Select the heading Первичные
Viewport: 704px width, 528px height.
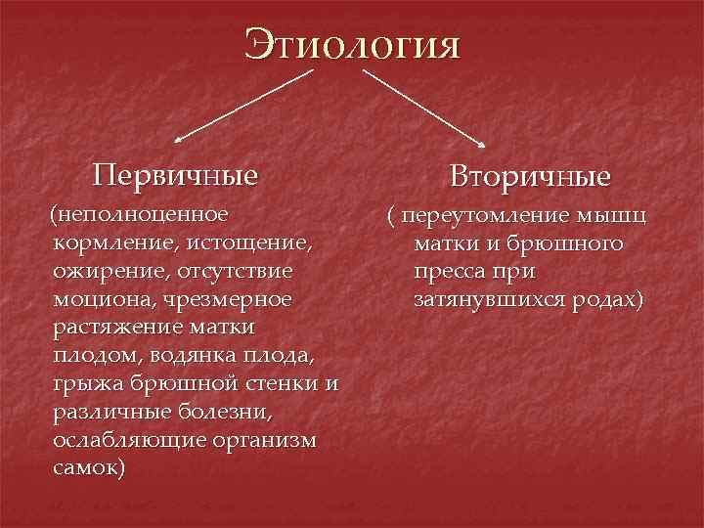pyautogui.click(x=176, y=175)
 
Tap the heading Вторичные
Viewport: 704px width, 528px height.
pyautogui.click(x=530, y=177)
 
